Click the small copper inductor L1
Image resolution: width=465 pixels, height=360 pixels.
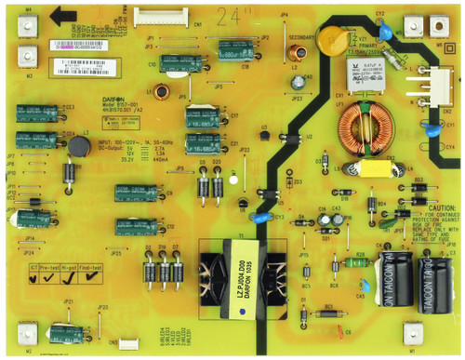(162, 92)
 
